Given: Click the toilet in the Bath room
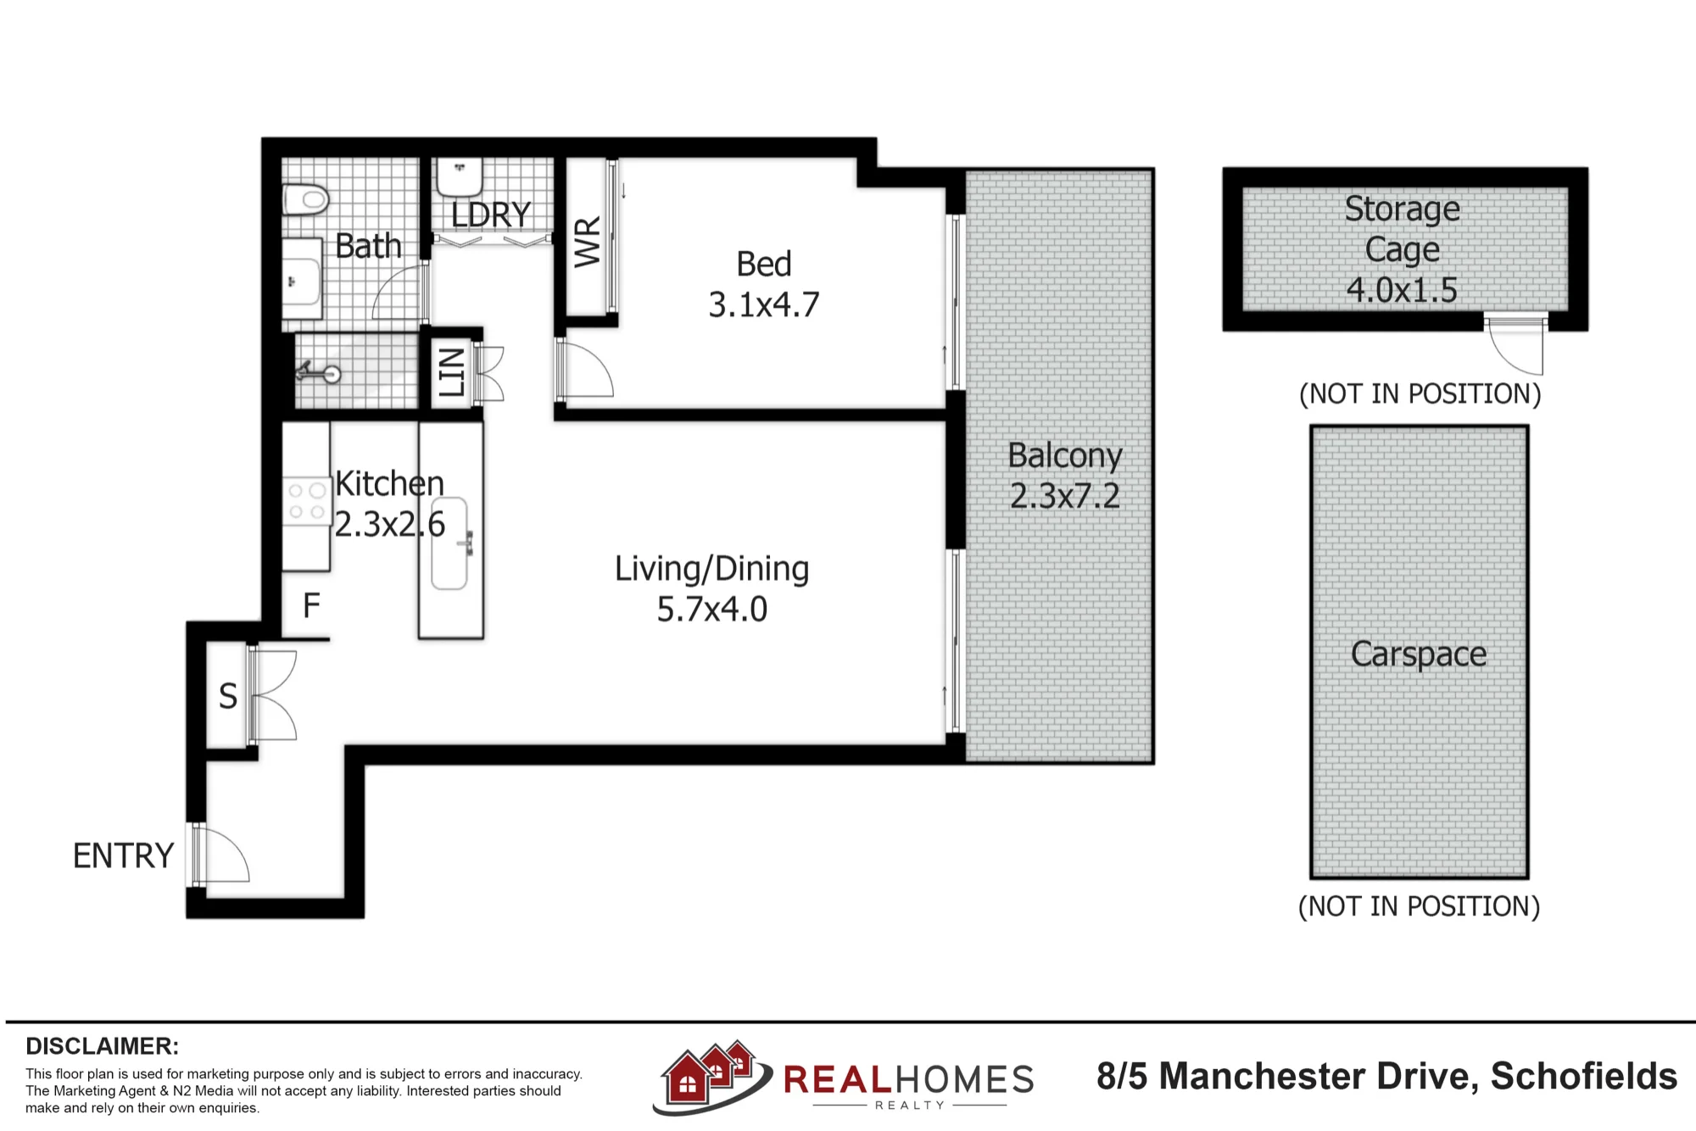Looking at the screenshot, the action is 305,200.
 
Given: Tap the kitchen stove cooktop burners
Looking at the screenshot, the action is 306,501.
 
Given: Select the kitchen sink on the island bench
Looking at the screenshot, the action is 450,543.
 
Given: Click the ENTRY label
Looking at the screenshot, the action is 124,856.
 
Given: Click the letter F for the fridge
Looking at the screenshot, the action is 311,605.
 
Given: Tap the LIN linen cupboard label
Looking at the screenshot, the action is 451,372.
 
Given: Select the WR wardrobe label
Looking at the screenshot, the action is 587,242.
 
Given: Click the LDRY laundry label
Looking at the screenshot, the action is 491,214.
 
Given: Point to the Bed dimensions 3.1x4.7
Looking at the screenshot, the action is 764,305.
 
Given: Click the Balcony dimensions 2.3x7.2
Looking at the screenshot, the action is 1065,496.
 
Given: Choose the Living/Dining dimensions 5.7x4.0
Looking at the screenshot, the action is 712,610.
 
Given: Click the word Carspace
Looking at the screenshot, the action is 1419,655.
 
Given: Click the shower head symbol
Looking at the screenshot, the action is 318,372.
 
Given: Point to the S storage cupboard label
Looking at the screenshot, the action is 228,697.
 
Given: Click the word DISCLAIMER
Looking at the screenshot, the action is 102,1046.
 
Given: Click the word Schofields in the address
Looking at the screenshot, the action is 1584,1077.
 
